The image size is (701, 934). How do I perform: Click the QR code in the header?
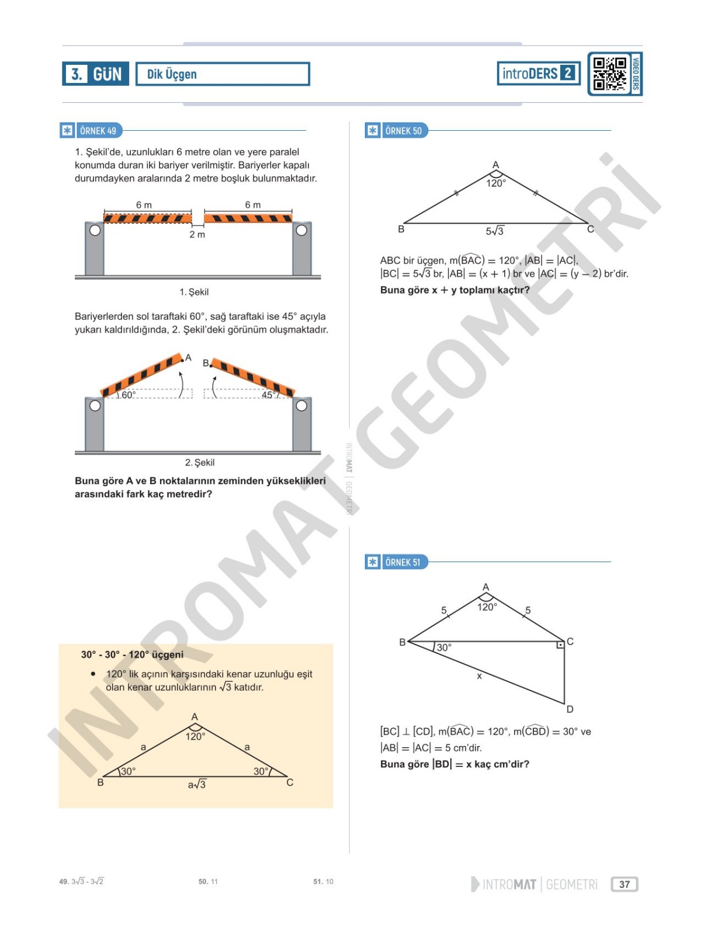[x=609, y=74]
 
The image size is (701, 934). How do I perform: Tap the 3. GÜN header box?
[x=95, y=74]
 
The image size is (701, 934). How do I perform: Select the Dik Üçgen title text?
[x=172, y=74]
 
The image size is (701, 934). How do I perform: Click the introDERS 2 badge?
[x=538, y=73]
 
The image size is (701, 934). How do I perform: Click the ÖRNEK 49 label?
[x=98, y=131]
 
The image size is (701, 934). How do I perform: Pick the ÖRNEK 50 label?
[x=403, y=131]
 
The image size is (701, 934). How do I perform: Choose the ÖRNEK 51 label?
[x=402, y=562]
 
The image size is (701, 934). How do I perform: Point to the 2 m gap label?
[x=197, y=235]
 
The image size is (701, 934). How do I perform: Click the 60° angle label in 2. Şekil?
[x=129, y=395]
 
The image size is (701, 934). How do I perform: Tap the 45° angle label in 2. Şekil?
[x=268, y=395]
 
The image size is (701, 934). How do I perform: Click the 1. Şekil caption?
[x=194, y=292]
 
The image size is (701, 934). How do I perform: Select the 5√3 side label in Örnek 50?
[x=494, y=231]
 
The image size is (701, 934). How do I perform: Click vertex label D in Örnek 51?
[x=570, y=709]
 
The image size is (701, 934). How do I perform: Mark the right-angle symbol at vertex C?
[x=560, y=645]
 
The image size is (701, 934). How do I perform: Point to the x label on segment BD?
[x=479, y=676]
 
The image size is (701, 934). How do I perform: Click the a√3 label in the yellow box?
[x=197, y=785]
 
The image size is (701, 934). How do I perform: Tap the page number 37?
[x=624, y=884]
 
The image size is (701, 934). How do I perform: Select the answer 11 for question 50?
[x=214, y=881]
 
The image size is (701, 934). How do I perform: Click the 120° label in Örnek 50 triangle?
[x=496, y=183]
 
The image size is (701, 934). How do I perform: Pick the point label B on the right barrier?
[x=206, y=363]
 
